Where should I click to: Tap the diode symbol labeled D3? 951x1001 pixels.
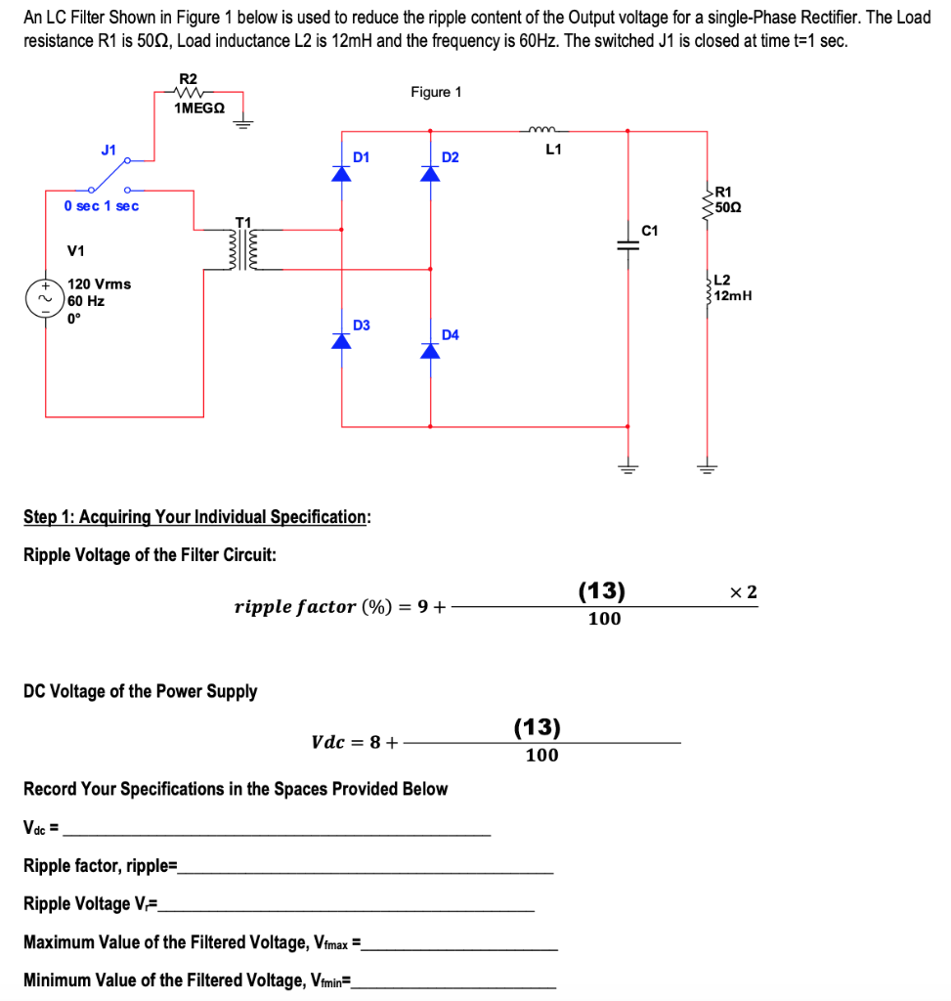[x=341, y=340]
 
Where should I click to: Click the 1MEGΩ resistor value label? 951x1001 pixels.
[x=198, y=109]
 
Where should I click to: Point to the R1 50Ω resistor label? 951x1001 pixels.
[x=728, y=198]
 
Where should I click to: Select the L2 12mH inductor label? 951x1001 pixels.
[x=731, y=288]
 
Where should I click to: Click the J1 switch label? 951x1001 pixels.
[x=109, y=150]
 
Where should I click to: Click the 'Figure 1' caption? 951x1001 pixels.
[x=436, y=92]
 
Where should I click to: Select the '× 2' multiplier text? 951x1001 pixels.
[x=743, y=591]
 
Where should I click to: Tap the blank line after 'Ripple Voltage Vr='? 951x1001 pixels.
[x=347, y=905]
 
